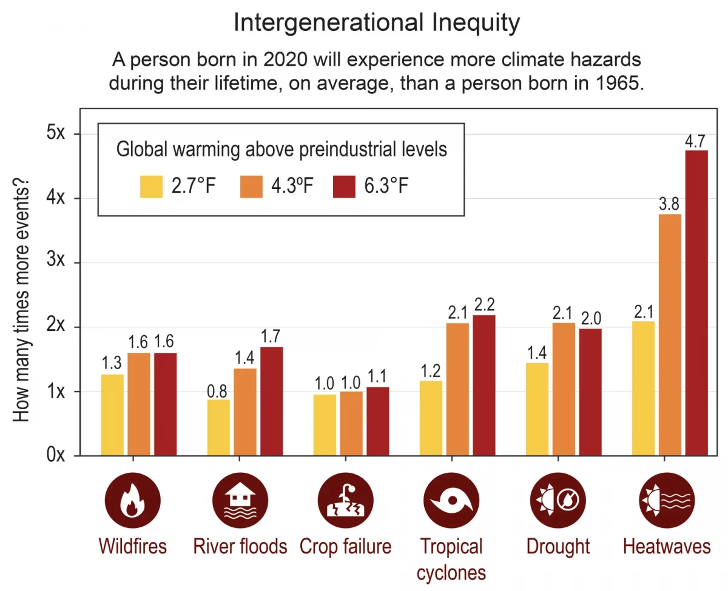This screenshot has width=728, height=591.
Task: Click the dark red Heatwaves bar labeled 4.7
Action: tap(696, 303)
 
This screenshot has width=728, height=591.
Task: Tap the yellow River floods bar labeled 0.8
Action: tap(218, 427)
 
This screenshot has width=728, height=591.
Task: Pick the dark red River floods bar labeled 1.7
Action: tap(271, 401)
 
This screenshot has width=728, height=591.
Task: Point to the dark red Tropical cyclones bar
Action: tap(484, 385)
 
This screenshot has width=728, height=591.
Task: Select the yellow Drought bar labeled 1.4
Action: tap(537, 409)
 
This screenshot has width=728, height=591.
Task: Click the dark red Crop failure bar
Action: tap(377, 421)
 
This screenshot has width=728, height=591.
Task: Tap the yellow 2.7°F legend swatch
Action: tap(152, 186)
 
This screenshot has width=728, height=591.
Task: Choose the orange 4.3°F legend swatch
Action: tap(251, 186)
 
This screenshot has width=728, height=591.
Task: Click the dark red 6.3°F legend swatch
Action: tap(345, 186)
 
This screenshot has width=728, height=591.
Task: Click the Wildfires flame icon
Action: tap(132, 501)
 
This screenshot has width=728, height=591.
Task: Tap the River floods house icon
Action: tap(240, 501)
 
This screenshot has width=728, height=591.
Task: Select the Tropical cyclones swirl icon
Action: tap(451, 501)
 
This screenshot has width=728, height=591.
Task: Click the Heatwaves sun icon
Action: tap(667, 501)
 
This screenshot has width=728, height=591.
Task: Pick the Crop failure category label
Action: tap(345, 547)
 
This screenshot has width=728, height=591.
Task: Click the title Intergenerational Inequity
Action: tap(376, 23)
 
